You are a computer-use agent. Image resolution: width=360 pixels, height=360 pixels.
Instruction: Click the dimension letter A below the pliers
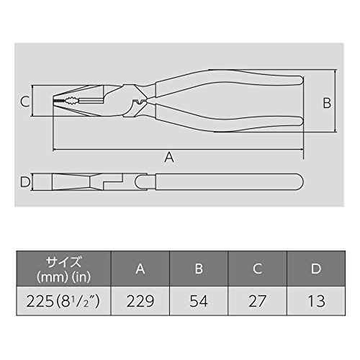pyautogui.click(x=169, y=158)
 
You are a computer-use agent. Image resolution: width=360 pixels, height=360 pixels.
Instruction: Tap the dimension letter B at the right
pyautogui.click(x=327, y=103)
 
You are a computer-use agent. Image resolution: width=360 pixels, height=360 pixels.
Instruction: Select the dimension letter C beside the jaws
pyautogui.click(x=24, y=102)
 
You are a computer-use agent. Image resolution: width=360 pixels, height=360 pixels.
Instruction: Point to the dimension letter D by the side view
pyautogui.click(x=25, y=181)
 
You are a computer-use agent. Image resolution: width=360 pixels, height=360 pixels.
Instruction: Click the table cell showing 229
pyautogui.click(x=140, y=301)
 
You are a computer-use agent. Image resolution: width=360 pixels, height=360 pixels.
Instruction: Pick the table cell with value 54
pyautogui.click(x=199, y=301)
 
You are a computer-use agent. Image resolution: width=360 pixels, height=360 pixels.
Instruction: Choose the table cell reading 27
pyautogui.click(x=257, y=301)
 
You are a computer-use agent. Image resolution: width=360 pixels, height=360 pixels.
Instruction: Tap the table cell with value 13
pyautogui.click(x=316, y=301)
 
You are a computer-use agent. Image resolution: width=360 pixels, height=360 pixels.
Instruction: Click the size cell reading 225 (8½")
pyautogui.click(x=63, y=301)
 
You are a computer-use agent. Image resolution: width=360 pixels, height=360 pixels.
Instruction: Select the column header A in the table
pyautogui.click(x=140, y=269)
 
